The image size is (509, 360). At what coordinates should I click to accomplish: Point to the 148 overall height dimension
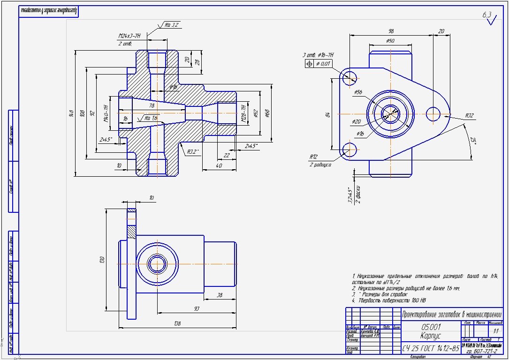click(x=71, y=113)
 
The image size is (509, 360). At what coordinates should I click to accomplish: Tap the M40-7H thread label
click(x=106, y=113)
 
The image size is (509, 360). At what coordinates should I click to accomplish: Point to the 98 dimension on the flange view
click(x=390, y=31)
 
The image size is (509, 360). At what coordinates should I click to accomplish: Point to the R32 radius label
click(x=469, y=115)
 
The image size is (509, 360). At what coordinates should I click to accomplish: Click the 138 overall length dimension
click(x=178, y=323)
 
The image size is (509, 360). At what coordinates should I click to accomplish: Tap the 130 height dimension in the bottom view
click(x=102, y=260)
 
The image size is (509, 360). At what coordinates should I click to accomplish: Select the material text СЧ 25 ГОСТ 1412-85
click(x=431, y=348)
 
